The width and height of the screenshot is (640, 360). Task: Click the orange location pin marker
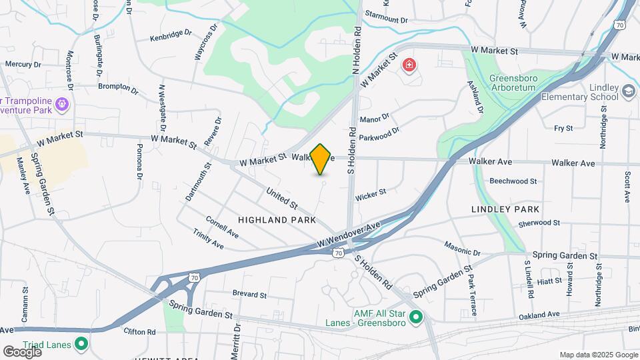(321, 159)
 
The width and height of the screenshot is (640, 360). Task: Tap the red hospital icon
(409, 65)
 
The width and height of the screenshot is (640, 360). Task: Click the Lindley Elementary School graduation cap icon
(628, 91)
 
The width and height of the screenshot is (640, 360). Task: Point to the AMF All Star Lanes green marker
(417, 316)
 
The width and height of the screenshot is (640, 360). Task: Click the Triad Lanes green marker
(82, 344)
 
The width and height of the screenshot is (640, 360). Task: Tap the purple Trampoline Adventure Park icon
(63, 104)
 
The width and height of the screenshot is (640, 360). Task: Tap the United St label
(281, 197)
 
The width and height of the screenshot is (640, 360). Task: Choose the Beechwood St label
(513, 181)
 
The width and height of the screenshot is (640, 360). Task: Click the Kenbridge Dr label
(171, 37)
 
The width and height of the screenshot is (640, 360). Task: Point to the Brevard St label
(249, 294)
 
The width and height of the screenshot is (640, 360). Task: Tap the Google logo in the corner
(23, 352)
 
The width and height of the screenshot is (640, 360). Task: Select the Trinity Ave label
(209, 238)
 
